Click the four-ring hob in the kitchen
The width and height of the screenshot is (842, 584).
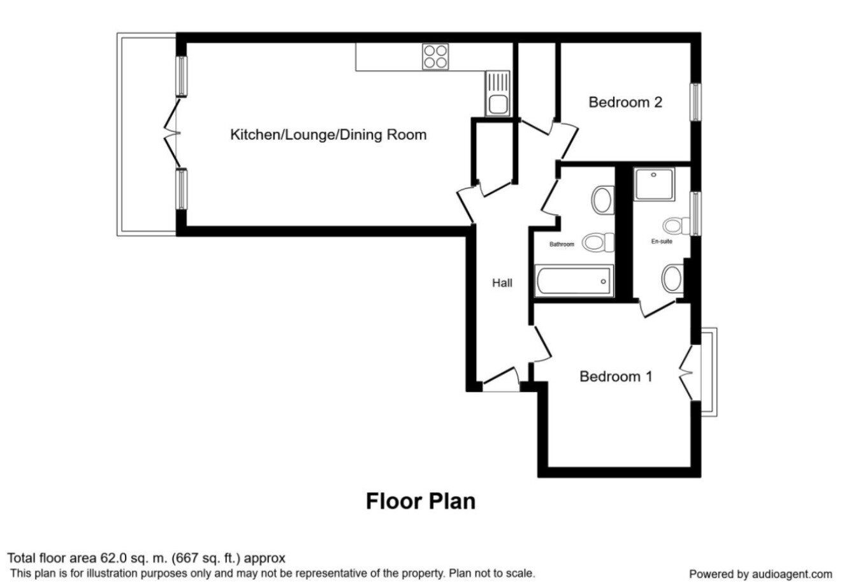click(435, 57)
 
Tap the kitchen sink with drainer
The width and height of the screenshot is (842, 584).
click(497, 93)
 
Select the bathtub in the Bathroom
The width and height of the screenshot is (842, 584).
click(574, 281)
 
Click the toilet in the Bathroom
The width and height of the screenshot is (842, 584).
click(598, 242)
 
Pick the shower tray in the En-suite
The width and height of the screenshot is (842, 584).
click(654, 184)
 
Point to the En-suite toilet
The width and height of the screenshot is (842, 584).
click(676, 226)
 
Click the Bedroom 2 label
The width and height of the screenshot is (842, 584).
click(625, 102)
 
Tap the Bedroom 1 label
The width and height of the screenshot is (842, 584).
click(616, 376)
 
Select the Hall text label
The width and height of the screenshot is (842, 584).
click(502, 283)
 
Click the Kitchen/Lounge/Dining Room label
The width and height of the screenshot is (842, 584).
click(328, 135)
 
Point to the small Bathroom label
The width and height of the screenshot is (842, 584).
click(562, 244)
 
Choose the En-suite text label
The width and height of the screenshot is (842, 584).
click(662, 242)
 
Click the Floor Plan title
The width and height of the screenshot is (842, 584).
click(421, 501)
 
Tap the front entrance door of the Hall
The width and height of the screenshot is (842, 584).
click(501, 379)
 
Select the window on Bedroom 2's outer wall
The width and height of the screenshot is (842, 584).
click(696, 102)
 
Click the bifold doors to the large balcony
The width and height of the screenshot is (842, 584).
click(171, 133)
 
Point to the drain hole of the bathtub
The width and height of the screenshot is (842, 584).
click(604, 281)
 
